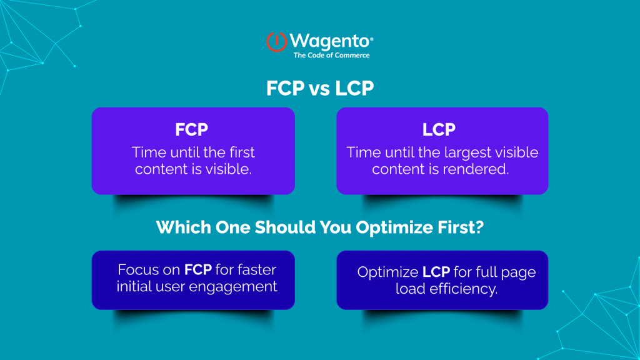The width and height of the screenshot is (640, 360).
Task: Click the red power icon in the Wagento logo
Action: coord(276,42)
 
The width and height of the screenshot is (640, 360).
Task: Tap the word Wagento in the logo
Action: coord(329,42)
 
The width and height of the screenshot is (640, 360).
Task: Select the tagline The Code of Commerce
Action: coord(331,56)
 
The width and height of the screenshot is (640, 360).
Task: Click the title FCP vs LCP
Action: coord(319,89)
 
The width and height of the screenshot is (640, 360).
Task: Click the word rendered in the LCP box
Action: coord(482,169)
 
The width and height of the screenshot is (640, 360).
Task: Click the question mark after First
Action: coord(480,227)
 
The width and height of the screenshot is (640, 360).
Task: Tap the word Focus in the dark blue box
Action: coord(137,271)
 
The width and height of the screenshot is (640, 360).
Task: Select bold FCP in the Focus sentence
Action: coord(199,271)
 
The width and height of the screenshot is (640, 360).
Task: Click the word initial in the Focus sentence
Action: coord(139,287)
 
